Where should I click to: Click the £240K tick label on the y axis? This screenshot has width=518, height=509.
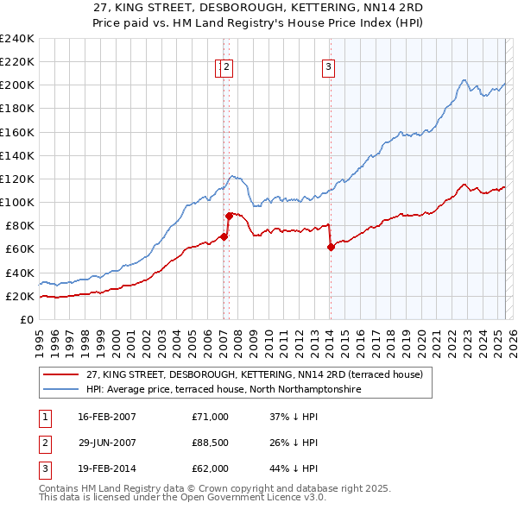(17, 39)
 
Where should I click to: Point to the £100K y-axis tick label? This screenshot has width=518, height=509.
(17, 202)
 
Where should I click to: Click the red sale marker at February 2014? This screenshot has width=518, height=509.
(331, 247)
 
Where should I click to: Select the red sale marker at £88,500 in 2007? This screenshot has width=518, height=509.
(229, 216)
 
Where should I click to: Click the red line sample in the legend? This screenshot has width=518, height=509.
(60, 375)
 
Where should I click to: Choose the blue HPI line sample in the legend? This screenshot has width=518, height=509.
(60, 390)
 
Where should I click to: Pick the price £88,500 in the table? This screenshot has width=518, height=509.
(211, 443)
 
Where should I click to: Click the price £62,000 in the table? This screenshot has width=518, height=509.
(211, 468)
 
